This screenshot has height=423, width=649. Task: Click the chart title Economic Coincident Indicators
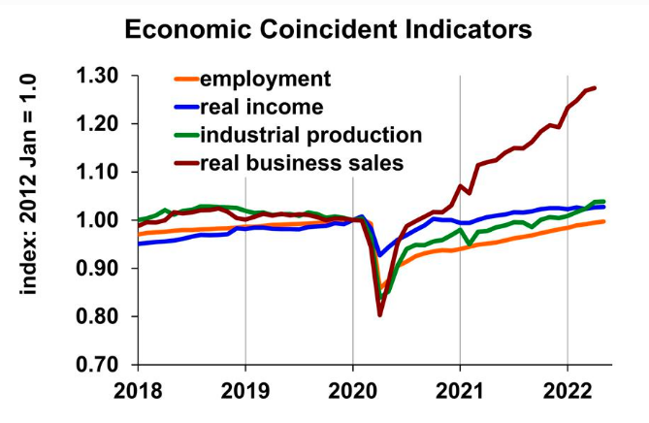[329, 29]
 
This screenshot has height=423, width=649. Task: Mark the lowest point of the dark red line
[380, 314]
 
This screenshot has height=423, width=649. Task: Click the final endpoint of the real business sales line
[595, 87]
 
